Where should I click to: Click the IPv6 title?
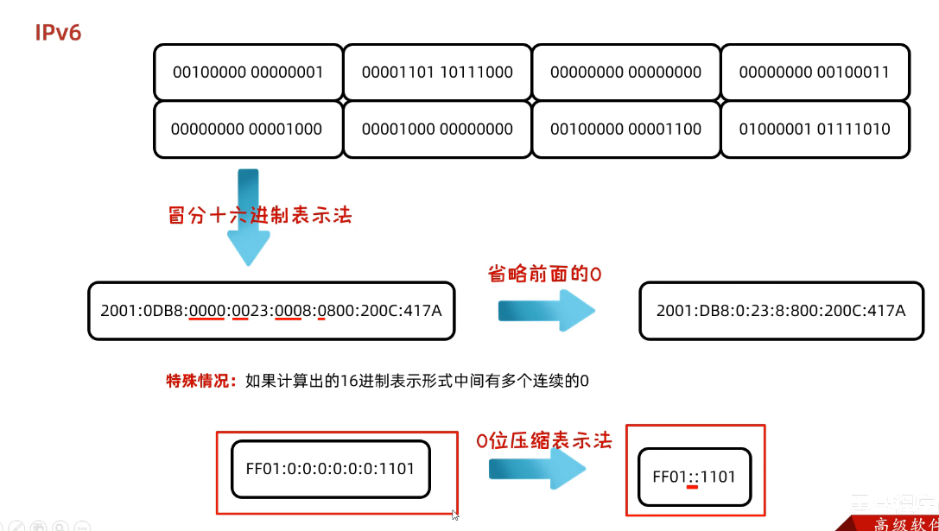pyautogui.click(x=58, y=34)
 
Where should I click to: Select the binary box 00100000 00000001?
pyautogui.click(x=248, y=73)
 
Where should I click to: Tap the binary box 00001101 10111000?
pyautogui.click(x=437, y=73)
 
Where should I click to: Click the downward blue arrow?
pyautogui.click(x=248, y=220)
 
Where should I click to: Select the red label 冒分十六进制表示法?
pyautogui.click(x=260, y=215)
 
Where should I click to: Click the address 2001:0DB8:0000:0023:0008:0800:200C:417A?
pyautogui.click(x=271, y=310)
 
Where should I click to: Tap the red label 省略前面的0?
pyautogui.click(x=544, y=274)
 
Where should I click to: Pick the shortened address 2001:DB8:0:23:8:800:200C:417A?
pyautogui.click(x=781, y=310)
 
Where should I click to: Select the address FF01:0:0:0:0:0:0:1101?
pyautogui.click(x=330, y=469)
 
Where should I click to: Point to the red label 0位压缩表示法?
pyautogui.click(x=544, y=441)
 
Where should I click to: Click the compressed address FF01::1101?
pyautogui.click(x=695, y=476)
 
